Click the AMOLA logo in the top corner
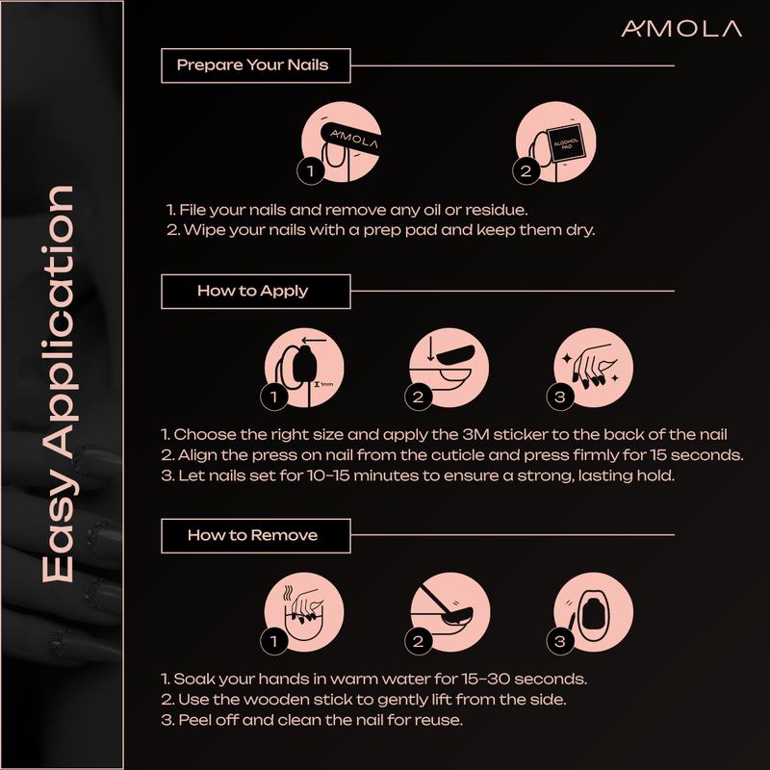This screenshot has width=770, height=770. (x=680, y=29)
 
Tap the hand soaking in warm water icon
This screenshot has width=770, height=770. (x=304, y=612)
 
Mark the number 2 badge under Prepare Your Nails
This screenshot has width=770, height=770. (x=526, y=172)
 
